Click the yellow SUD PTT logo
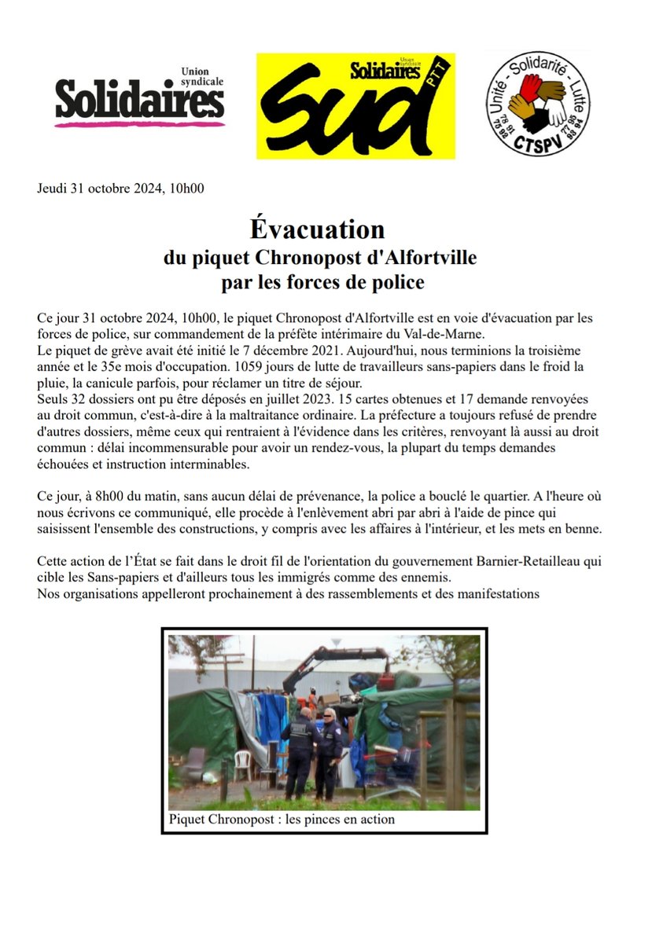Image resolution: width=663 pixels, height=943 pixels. [x=355, y=106]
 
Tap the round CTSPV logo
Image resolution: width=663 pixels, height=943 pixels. [x=537, y=103]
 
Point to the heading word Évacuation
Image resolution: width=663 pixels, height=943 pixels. [x=318, y=229]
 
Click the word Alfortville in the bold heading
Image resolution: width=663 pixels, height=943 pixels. [x=425, y=257]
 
